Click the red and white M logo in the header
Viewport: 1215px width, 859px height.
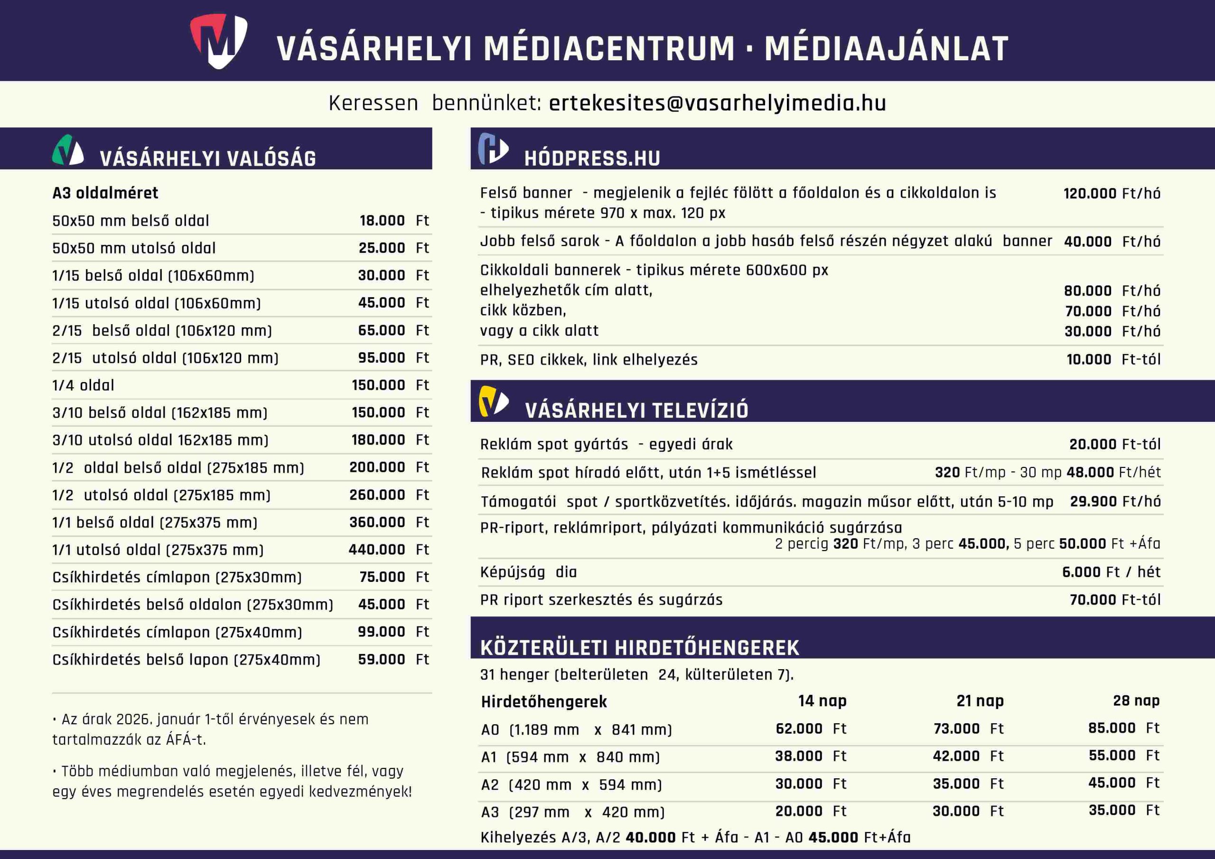(218, 41)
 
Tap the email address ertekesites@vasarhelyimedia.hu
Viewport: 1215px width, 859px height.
(717, 103)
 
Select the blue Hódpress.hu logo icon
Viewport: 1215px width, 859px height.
(493, 149)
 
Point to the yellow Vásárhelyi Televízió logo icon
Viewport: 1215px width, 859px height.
(493, 401)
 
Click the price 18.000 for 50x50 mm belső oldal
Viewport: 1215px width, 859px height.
(382, 221)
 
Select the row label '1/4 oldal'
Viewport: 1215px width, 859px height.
(83, 385)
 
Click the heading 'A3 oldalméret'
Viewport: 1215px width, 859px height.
(105, 193)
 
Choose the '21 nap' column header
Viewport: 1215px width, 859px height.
(980, 701)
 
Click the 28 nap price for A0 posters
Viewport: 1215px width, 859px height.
(1112, 728)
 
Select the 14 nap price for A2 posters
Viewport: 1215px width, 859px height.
(799, 784)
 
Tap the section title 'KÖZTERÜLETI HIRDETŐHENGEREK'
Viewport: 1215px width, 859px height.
(639, 648)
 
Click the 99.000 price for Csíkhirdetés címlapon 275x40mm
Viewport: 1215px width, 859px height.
(381, 632)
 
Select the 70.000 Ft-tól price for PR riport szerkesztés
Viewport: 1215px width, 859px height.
(1114, 600)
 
